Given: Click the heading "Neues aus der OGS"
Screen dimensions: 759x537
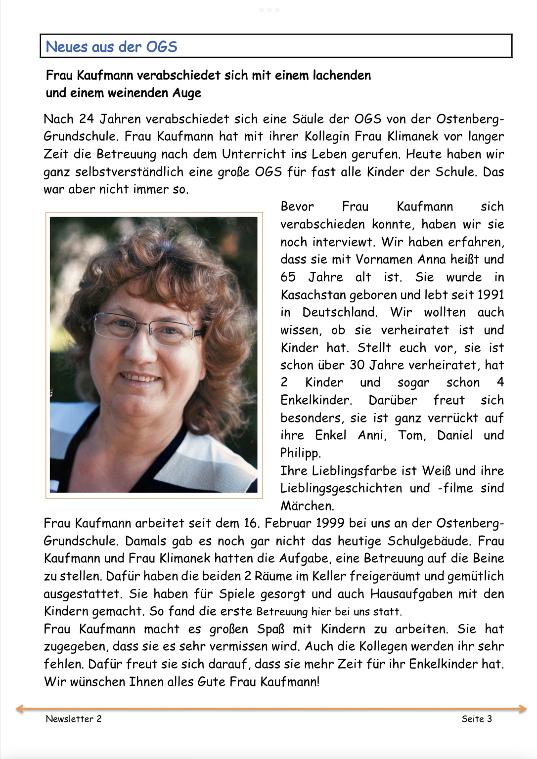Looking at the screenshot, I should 111,47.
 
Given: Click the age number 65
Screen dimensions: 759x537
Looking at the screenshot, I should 288,277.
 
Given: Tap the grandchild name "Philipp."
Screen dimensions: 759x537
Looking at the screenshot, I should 301,453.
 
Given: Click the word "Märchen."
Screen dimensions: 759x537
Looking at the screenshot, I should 307,506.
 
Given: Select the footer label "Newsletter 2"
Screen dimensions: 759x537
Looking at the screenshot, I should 74,719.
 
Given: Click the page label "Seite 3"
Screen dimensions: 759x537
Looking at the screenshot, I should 477,719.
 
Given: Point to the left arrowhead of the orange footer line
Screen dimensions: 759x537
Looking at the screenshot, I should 19,709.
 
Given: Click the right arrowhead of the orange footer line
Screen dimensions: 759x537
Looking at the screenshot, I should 524,709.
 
